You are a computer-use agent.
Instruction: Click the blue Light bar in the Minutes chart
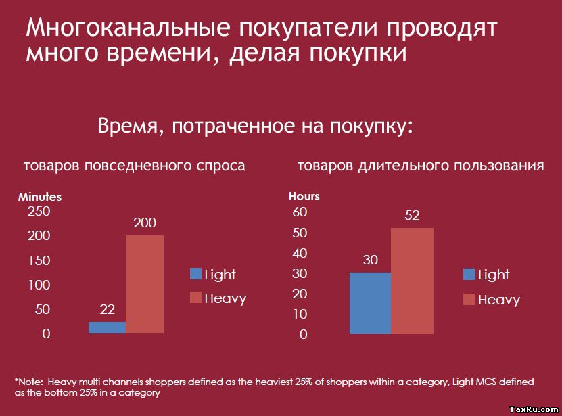(107, 327)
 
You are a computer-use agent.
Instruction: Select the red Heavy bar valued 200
(145, 284)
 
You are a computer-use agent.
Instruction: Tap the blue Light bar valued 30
(370, 303)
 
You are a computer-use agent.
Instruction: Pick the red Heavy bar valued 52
(412, 281)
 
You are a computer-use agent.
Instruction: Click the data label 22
(107, 310)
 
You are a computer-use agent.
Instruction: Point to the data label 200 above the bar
(145, 223)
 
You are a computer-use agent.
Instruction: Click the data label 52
(412, 216)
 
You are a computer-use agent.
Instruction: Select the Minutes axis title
(40, 197)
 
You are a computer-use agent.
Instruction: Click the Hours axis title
(304, 196)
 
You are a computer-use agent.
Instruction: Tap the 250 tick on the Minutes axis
(39, 212)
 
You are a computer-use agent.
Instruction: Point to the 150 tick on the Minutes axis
(39, 260)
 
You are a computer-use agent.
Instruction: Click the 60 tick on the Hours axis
(299, 212)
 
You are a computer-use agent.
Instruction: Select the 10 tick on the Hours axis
(299, 315)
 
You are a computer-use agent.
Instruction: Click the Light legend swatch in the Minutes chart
(196, 274)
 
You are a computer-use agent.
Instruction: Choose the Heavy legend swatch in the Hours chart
(469, 299)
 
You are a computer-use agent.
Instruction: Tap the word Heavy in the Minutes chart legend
(225, 298)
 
